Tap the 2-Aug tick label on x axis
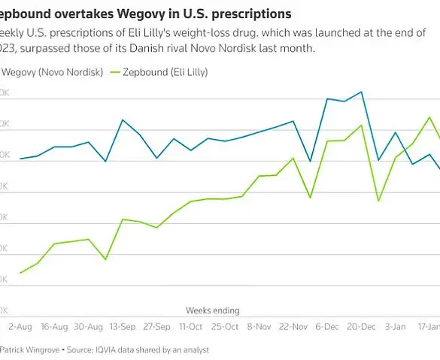19,327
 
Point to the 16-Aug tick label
54,327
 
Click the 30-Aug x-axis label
89,327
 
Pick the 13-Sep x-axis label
123,327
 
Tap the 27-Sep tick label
156,327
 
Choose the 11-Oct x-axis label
190,327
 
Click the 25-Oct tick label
224,327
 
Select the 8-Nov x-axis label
259,327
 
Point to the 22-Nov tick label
293,327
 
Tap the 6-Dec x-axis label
327,327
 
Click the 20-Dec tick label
362,327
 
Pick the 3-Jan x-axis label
395,327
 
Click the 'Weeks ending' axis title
212,310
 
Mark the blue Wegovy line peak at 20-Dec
362,92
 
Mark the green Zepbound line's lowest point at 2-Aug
20,273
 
